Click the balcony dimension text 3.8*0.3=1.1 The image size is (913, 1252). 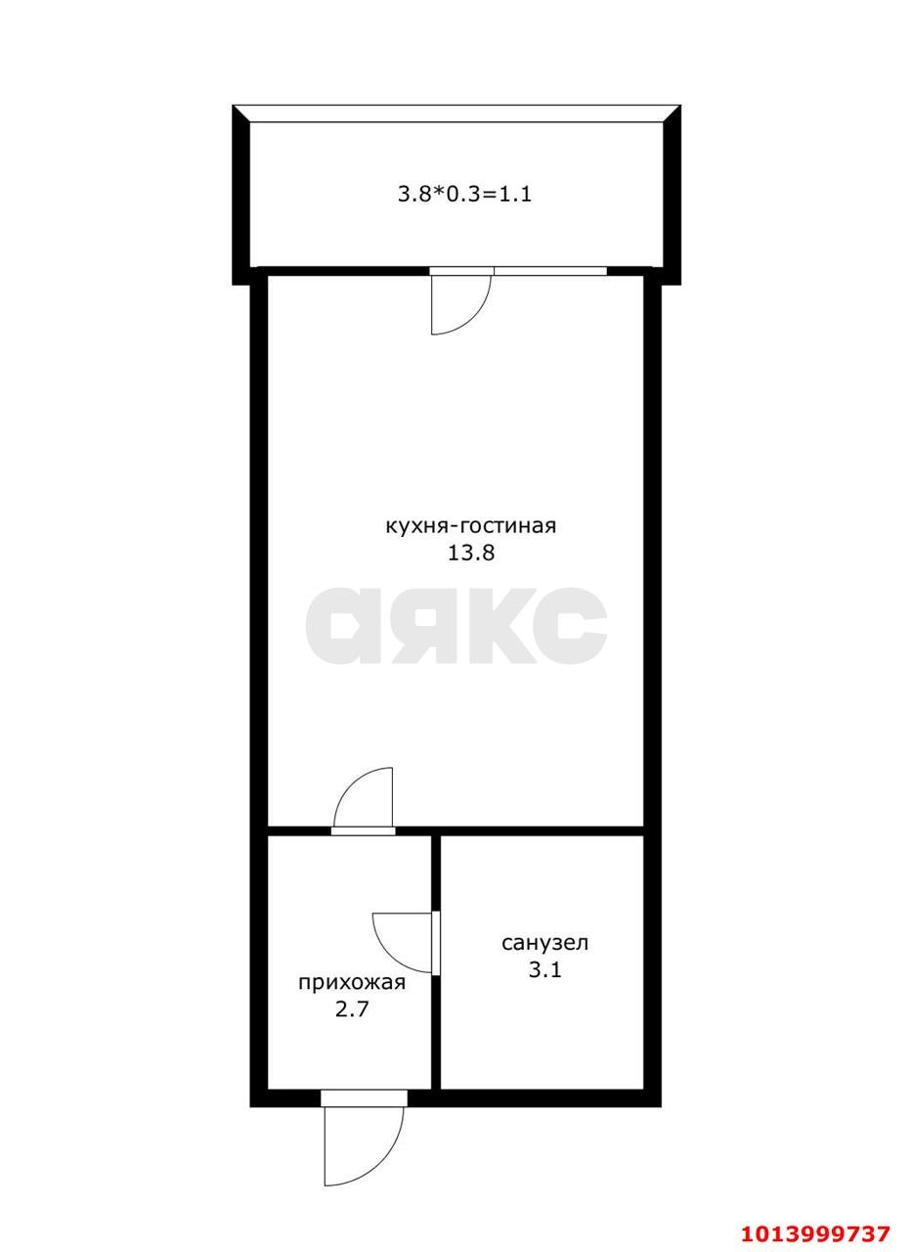coord(463,195)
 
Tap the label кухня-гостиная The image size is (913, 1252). coord(470,526)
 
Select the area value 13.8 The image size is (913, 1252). coord(471,554)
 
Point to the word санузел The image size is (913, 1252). coord(544,943)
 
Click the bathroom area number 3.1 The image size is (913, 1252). coord(544,970)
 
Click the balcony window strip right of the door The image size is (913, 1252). coord(550,271)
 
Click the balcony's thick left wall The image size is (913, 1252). coord(240,195)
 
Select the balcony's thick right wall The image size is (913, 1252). coord(672,195)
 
